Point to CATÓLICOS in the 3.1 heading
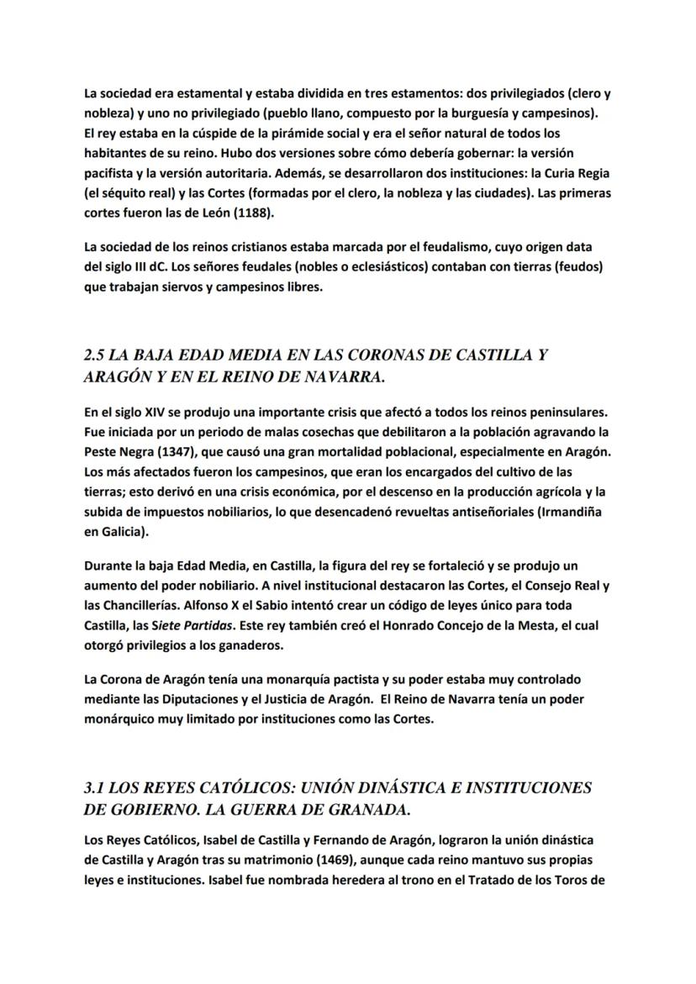248,788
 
